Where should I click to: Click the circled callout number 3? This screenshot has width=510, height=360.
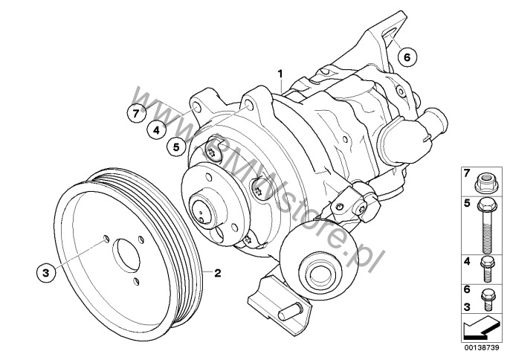tap(46, 272)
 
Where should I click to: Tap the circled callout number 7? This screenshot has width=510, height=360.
tap(136, 113)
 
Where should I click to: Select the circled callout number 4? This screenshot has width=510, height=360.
tap(156, 130)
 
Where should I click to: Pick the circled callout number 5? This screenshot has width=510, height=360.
tap(176, 147)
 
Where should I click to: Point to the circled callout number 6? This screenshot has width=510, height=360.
tap(407, 57)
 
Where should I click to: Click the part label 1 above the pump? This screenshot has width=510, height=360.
tap(280, 74)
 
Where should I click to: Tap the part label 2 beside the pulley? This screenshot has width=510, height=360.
tap(218, 273)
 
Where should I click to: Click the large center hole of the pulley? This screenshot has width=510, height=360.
tap(126, 256)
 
